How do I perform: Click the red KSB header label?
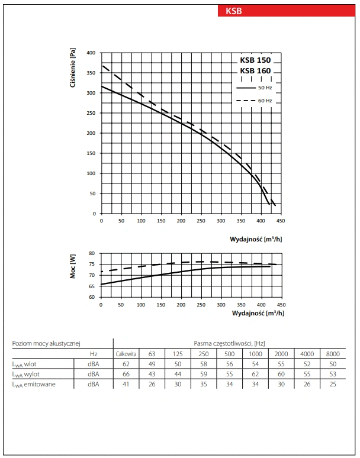pos(234,11)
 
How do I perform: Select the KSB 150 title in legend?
pos(255,60)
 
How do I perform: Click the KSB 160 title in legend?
pos(255,71)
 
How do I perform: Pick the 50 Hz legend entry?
pos(255,88)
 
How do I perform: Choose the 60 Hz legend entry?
pos(255,101)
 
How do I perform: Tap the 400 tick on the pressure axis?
pos(91,53)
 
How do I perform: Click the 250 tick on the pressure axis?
pos(91,113)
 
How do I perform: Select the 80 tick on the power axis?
pos(92,253)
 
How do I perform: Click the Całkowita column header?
pos(126,353)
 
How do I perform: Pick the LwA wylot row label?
pos(27,374)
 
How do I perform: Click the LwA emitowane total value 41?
pos(126,385)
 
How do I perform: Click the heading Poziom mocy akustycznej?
pos(46,343)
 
